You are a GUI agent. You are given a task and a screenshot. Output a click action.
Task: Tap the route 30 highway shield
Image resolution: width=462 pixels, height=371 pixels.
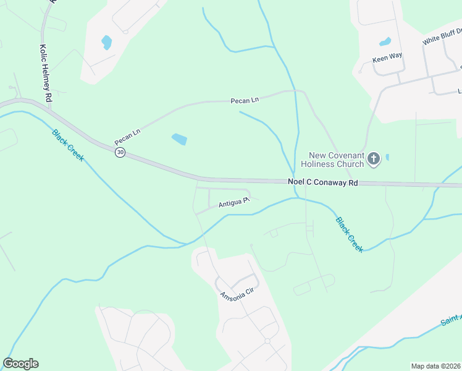click(x=120, y=152)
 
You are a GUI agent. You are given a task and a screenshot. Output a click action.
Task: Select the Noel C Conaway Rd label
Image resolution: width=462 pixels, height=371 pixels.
click(x=323, y=182)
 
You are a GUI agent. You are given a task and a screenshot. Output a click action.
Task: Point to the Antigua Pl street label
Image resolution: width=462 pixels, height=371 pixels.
click(x=233, y=202)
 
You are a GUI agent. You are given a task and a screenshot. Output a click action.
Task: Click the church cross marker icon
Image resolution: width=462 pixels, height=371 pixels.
click(x=373, y=160)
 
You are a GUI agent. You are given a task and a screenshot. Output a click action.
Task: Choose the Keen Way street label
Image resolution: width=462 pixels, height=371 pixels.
click(x=387, y=56)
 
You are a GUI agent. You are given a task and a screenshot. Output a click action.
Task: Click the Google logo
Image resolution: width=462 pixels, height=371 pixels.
click(x=21, y=364)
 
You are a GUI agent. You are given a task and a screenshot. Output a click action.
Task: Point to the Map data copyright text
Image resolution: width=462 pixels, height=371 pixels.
click(x=436, y=366)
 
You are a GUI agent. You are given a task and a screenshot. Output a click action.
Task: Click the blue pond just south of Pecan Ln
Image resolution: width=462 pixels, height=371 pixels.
click(x=179, y=139)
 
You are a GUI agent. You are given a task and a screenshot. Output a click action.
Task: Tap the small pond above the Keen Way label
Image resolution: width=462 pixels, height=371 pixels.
click(x=385, y=42)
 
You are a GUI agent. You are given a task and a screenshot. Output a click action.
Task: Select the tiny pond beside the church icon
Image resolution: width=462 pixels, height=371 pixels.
click(x=387, y=157)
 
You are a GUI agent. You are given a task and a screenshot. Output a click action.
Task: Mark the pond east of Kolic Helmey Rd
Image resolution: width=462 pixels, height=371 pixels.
click(x=107, y=43)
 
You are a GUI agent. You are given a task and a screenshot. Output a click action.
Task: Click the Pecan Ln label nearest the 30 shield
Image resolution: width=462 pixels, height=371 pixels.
click(x=128, y=137)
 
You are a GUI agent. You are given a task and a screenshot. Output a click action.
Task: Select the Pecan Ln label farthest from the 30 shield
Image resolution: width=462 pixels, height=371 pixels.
click(x=245, y=100)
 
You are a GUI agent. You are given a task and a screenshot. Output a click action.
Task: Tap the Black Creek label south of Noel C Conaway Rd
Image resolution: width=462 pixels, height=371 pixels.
click(x=350, y=234)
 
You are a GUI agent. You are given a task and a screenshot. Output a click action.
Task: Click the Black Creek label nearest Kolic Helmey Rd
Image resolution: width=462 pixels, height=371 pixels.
click(x=68, y=145)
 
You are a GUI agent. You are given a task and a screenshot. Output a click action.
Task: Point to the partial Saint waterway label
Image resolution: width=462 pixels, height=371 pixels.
click(x=451, y=319)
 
